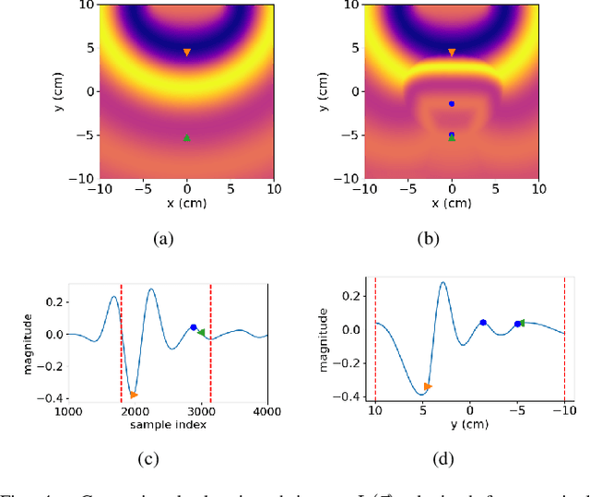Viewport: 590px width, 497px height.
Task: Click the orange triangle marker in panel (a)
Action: point(187,53)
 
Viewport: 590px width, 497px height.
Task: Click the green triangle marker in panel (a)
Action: point(187,138)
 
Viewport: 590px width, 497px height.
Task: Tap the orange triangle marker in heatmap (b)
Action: point(452,53)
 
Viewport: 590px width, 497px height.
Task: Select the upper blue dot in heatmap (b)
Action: point(452,104)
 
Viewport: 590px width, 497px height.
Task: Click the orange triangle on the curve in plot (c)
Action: point(134,394)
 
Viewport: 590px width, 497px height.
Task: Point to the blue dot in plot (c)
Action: point(194,327)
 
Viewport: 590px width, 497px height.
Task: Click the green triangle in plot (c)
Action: point(202,333)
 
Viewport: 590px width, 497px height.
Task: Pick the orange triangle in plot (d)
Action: point(427,386)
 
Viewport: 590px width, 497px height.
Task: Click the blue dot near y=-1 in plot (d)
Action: point(483,322)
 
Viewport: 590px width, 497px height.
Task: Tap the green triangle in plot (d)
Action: point(521,323)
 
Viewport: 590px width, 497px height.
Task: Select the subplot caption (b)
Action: point(428,239)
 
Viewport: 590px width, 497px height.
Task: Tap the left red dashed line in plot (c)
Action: point(122,341)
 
